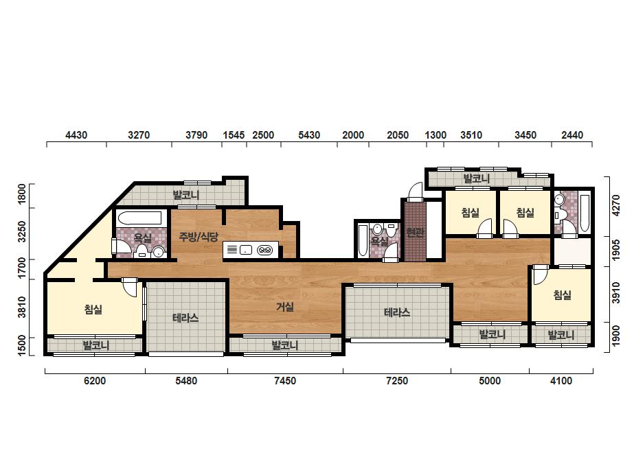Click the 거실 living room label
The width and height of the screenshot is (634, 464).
285,308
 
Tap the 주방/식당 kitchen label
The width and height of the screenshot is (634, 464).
199,236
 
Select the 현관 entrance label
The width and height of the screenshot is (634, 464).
416,233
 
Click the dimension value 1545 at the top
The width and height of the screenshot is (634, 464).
234,135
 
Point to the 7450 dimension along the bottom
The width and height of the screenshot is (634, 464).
285,381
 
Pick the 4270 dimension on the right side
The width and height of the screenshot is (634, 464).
616,205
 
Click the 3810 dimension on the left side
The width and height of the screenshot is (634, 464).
22,308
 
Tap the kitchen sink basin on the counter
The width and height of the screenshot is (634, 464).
246,250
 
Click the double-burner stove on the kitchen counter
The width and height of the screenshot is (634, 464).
265,250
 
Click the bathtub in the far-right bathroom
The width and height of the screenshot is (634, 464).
584,213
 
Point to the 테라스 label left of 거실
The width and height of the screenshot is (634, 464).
185,318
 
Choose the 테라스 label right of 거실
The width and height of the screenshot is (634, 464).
397,312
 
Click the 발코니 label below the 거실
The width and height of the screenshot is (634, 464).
285,345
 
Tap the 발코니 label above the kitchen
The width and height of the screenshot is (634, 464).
186,195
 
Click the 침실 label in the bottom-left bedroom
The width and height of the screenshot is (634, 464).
93,310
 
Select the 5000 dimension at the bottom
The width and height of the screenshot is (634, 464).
490,381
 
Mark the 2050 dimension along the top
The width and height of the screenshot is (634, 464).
398,135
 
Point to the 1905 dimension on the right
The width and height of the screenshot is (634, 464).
616,250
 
